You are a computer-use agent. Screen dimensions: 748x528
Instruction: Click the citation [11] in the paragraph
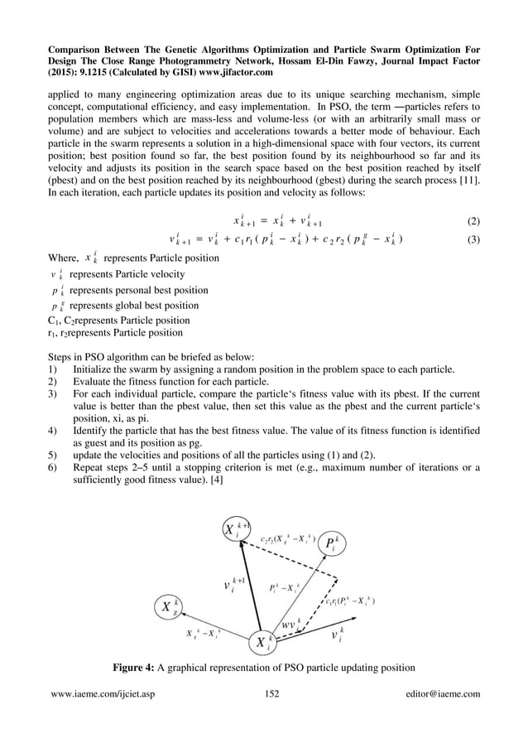tap(469, 179)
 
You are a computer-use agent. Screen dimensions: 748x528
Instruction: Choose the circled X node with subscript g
tap(171, 608)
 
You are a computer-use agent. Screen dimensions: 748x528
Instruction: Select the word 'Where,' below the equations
tap(63, 258)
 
